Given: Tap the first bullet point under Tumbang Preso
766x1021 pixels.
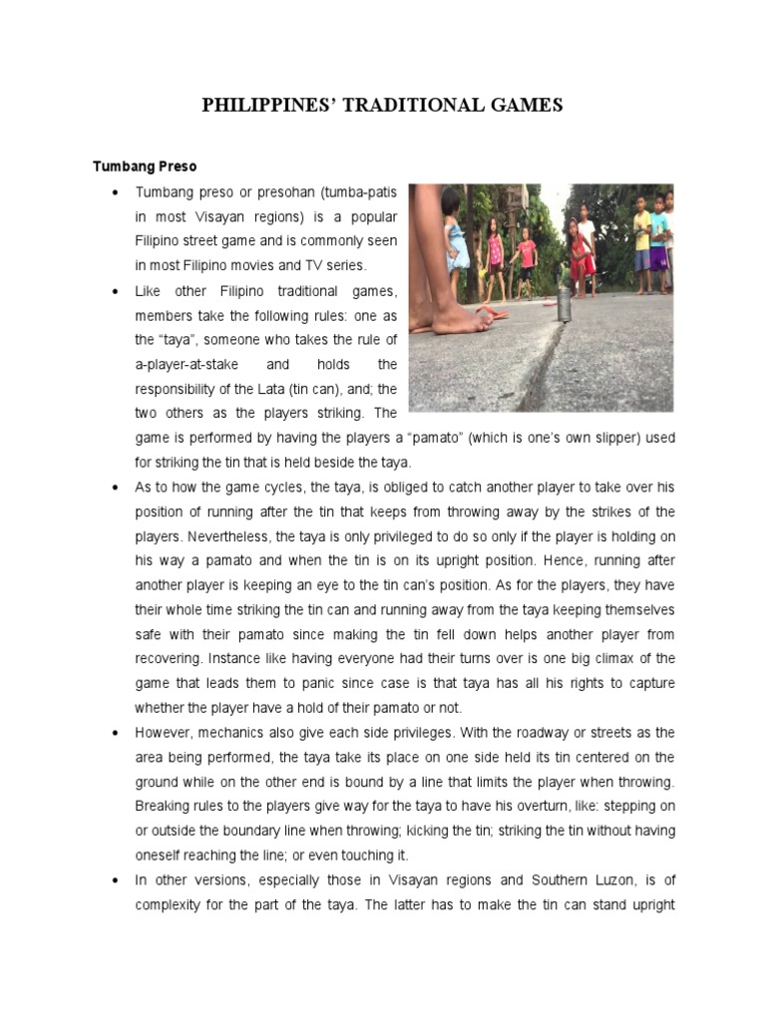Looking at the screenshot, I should [118, 191].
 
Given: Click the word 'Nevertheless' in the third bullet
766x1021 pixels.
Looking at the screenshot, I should [189, 536].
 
